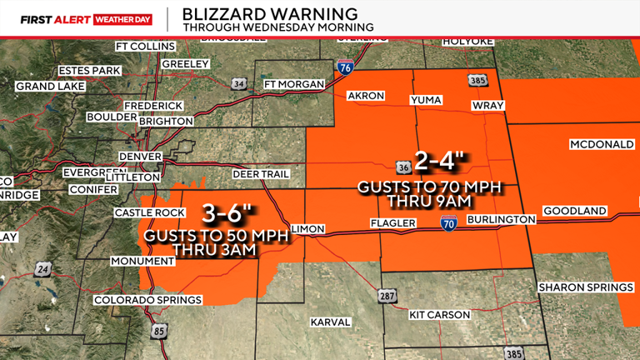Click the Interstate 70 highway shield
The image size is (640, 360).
[448, 221]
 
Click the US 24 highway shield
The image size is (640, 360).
[42, 270]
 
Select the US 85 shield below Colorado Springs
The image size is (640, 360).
[159, 331]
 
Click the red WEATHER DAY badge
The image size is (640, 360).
[122, 17]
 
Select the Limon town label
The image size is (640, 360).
[309, 228]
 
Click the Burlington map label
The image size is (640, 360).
[500, 219]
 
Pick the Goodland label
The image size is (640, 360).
[574, 212]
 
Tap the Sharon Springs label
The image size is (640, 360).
[586, 287]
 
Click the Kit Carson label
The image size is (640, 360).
[440, 315]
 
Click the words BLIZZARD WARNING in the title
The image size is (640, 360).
[270, 14]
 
